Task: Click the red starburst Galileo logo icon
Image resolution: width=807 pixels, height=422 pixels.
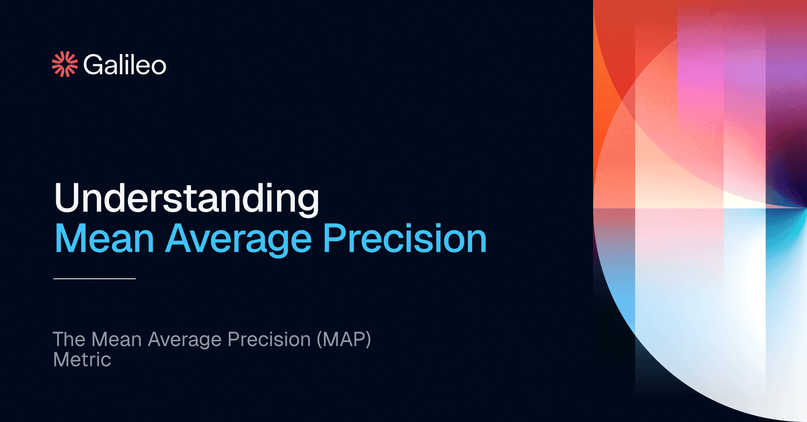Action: [65, 64]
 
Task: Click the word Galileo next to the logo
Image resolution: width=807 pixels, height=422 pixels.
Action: [125, 65]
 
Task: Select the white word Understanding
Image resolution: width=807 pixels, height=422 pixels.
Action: [187, 199]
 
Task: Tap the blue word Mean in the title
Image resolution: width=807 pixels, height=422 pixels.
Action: [104, 238]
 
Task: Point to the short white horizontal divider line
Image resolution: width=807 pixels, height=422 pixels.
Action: [94, 279]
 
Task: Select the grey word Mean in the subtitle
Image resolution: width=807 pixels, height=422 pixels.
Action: [116, 339]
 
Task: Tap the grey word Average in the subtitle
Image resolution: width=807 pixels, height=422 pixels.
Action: [185, 340]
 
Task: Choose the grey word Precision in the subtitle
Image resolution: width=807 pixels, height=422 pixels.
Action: [269, 339]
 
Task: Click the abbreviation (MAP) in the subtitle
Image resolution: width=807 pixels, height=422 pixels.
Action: [344, 340]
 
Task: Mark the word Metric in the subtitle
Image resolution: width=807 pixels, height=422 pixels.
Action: [82, 360]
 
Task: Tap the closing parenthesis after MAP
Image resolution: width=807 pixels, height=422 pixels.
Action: [368, 340]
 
